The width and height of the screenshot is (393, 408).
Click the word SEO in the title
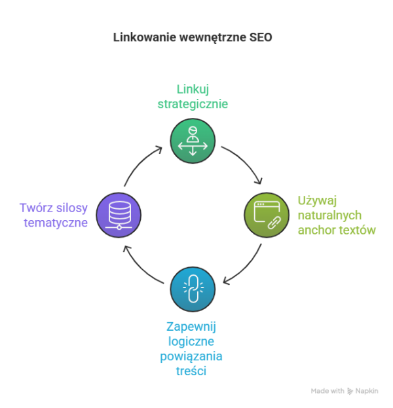[261, 37]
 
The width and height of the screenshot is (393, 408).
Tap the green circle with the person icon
[193, 141]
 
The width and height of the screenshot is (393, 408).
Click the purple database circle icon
[119, 215]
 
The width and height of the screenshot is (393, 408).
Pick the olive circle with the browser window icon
[267, 215]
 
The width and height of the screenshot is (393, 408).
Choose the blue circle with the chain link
[193, 289]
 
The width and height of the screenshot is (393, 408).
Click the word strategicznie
[193, 104]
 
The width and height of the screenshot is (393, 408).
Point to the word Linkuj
[193, 89]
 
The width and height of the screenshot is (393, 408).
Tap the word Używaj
[317, 200]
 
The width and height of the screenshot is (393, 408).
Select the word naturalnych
[329, 215]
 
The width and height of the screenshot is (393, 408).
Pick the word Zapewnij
[191, 327]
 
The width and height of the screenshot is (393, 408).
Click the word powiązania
[191, 356]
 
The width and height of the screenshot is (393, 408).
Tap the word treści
[191, 371]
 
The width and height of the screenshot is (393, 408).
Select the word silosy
[72, 208]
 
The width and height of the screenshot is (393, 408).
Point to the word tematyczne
[56, 223]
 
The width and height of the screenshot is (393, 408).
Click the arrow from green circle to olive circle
[246, 161]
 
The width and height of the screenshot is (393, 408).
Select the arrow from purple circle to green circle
[140, 164]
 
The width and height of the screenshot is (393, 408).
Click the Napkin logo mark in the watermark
[350, 391]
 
